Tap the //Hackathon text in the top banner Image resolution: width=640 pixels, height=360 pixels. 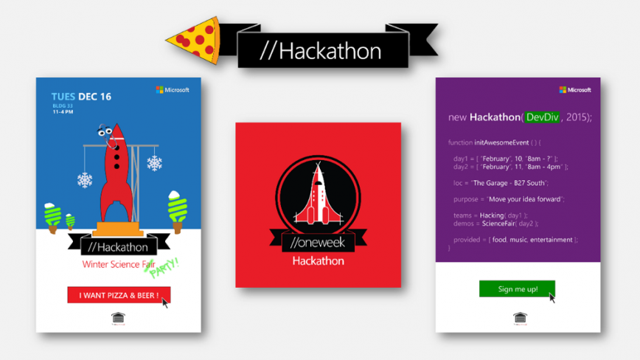pos(321,51)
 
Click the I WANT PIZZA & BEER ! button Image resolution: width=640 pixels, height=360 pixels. pos(118,295)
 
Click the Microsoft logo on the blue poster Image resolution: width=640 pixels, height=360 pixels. pos(173,90)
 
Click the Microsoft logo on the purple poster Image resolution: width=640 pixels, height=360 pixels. pos(575,90)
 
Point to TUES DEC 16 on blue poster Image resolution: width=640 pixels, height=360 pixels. pos(81,97)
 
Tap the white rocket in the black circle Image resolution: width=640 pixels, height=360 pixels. pos(318,194)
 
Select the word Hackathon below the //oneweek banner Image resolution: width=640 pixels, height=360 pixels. pos(318,260)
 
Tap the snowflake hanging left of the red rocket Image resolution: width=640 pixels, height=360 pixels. pos(85,179)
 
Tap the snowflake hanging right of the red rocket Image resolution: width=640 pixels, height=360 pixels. pos(154,163)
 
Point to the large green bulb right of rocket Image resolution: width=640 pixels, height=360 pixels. pos(177,207)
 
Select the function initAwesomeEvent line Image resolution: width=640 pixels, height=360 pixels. pos(494,142)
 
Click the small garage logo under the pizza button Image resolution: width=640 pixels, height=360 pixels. pos(118,318)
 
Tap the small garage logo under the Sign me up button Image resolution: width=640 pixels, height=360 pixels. pos(519,318)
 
